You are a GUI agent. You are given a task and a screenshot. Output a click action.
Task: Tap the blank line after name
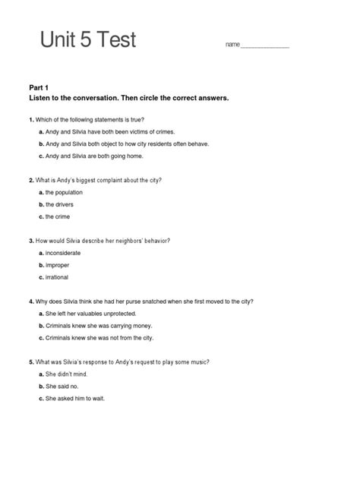265,46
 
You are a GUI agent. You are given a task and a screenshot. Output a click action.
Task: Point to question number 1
30,120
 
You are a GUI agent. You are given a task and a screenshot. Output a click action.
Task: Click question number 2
30,180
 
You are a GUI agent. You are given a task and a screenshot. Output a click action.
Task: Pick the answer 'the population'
64,192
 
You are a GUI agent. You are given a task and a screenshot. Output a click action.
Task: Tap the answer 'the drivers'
61,204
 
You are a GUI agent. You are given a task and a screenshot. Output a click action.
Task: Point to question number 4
30,301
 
